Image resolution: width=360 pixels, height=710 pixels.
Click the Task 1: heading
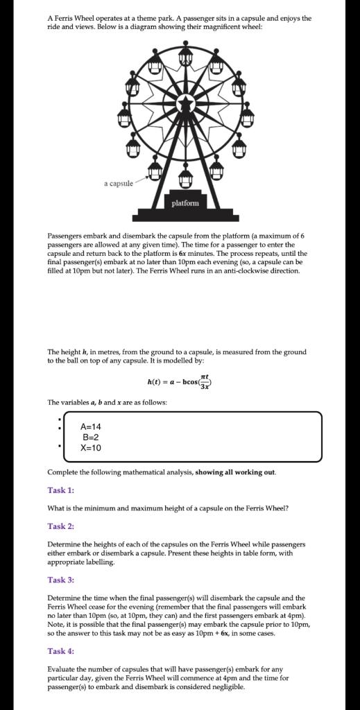[x=60, y=490]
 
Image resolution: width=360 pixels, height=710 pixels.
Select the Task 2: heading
[x=60, y=526]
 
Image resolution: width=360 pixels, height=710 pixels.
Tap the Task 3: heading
[x=60, y=580]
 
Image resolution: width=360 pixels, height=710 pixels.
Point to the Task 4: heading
[x=60, y=651]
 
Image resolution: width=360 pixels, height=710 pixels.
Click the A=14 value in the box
[x=92, y=427]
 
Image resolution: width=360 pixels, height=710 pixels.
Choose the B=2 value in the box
[x=92, y=438]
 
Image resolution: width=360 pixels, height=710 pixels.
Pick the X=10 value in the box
[x=92, y=448]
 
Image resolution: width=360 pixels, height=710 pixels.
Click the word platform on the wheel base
[x=185, y=203]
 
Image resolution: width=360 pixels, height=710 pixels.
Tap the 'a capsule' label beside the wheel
[x=119, y=184]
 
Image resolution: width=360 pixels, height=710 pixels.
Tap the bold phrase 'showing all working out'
[x=235, y=472]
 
